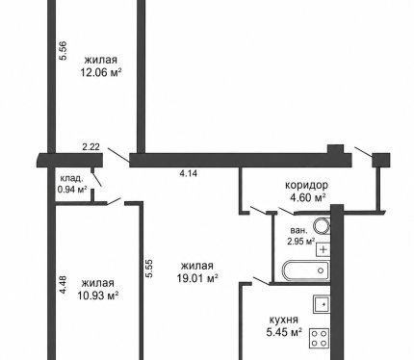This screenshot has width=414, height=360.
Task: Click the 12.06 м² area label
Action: click(x=101, y=73)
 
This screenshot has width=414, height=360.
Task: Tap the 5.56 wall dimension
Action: click(x=63, y=51)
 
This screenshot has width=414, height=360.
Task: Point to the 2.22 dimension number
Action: click(x=91, y=147)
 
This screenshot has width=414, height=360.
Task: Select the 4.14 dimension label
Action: click(x=189, y=173)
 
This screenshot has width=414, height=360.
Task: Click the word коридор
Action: click(x=306, y=185)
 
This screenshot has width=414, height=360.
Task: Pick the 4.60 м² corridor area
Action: click(x=308, y=197)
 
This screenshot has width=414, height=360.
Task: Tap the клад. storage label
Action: click(x=72, y=178)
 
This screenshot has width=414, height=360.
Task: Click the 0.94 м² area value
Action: click(x=72, y=190)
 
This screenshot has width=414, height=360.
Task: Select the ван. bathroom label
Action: click(x=298, y=230)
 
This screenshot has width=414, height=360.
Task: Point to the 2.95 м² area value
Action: click(x=301, y=241)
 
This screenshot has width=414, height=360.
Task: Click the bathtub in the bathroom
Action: click(x=305, y=270)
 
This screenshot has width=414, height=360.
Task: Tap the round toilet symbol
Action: click(x=322, y=226)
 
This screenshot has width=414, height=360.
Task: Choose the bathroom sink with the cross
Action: click(x=323, y=249)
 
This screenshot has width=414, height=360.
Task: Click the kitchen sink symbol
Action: click(x=322, y=304)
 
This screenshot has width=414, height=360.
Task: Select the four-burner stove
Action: click(x=320, y=338)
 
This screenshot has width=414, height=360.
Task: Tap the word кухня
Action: click(x=284, y=320)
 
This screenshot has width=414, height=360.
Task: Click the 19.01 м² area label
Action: click(x=197, y=278)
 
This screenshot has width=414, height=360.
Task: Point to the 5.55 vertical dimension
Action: click(x=149, y=269)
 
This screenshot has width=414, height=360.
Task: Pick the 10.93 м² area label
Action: click(x=98, y=296)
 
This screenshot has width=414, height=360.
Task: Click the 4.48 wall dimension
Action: click(x=63, y=285)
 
